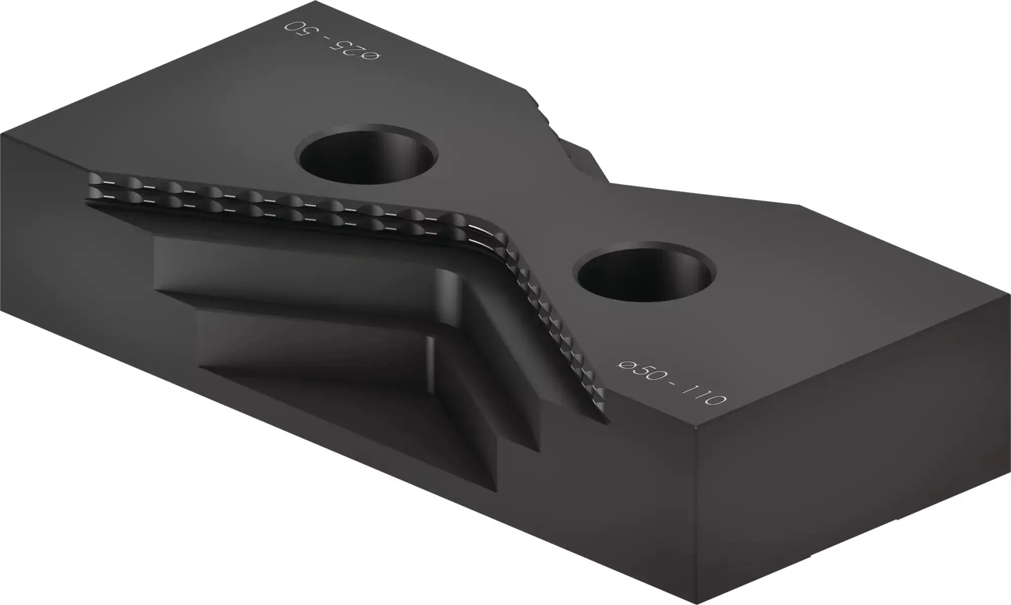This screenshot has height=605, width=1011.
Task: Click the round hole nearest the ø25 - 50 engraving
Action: coord(369,154)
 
